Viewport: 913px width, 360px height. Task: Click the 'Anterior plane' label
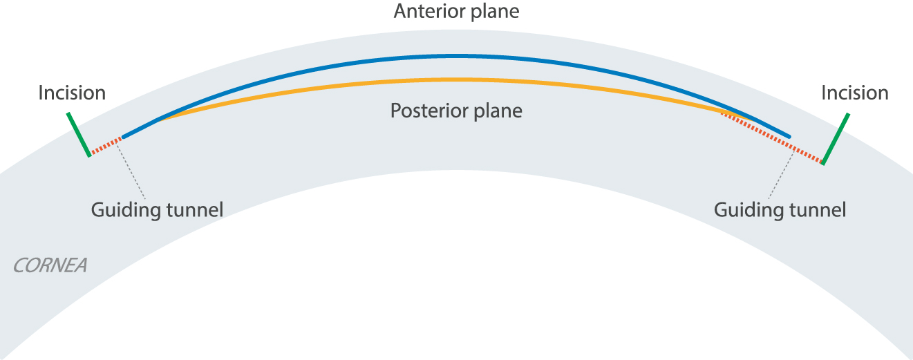(456, 11)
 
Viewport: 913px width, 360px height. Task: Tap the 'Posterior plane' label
(456, 111)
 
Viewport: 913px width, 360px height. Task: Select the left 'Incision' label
(72, 93)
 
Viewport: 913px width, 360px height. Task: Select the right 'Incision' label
(855, 93)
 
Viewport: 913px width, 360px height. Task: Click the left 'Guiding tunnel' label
(157, 209)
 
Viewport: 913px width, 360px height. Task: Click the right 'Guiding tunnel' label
(780, 209)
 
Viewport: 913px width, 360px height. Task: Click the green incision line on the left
(79, 135)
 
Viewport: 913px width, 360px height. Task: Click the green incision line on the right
(835, 138)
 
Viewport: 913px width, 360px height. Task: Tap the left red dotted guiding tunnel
(106, 146)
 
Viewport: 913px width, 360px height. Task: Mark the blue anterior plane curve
(456, 56)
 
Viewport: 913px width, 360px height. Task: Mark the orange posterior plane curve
(456, 80)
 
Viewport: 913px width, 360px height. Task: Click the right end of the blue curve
(789, 135)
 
